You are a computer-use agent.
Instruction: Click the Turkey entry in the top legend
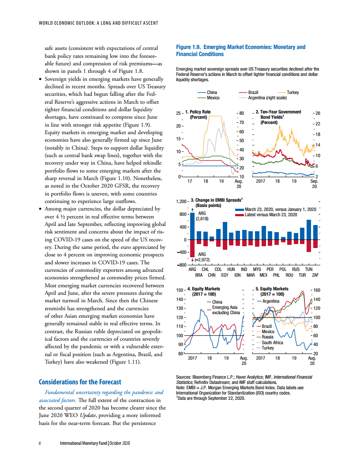point(293,92)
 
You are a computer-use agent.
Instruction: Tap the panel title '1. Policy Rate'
point(198,112)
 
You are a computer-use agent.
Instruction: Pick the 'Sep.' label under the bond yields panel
point(314,181)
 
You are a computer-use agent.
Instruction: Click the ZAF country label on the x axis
point(315,274)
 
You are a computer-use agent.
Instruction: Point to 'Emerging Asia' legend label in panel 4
point(225,307)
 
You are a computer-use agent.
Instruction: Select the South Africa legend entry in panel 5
point(272,342)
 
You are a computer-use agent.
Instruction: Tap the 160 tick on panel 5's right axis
point(316,290)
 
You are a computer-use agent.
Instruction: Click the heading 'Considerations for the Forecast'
point(80,382)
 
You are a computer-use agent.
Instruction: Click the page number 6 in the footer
point(40,443)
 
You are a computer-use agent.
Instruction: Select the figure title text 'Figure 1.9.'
point(191,47)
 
